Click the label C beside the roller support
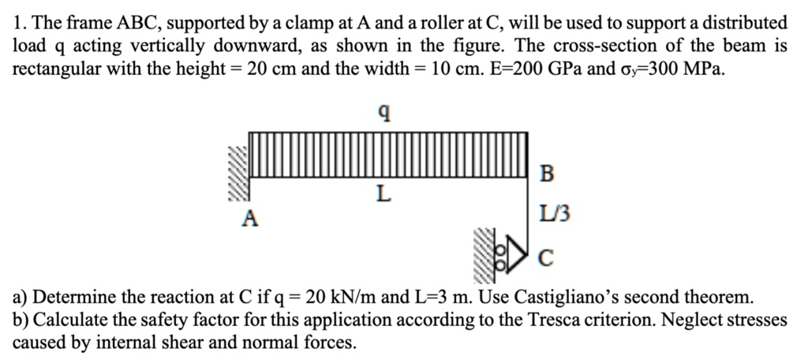tap(547, 257)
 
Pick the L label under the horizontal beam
tap(383, 193)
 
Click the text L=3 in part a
tap(426, 298)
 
